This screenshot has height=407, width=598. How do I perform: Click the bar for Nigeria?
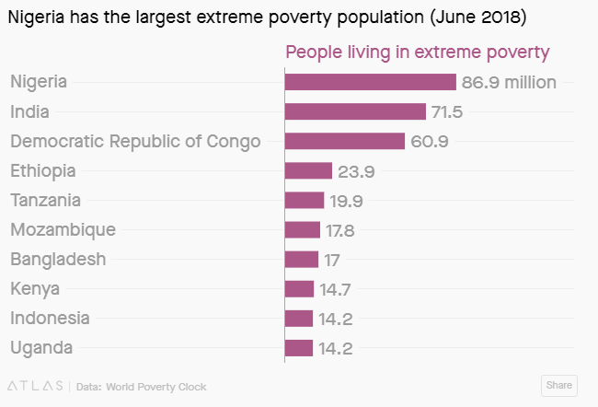[371, 82]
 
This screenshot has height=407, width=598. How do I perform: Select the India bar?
[356, 111]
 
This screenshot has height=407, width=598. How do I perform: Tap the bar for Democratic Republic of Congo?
[345, 141]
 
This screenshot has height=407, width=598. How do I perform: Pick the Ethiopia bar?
[308, 170]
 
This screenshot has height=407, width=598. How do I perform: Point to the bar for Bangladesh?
[302, 259]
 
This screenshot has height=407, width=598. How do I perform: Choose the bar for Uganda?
[299, 347]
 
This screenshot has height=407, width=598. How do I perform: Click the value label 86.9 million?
[509, 82]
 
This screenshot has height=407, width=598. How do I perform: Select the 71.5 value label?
[447, 111]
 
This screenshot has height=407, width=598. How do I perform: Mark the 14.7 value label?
[336, 289]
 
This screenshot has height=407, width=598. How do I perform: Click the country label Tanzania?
[45, 200]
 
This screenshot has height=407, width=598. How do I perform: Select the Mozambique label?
[63, 229]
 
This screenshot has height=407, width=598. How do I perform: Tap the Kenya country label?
[35, 288]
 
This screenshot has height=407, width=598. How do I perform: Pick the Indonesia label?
[50, 318]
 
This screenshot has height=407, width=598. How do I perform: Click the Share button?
[558, 385]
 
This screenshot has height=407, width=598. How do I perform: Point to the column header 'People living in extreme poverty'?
[418, 52]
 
